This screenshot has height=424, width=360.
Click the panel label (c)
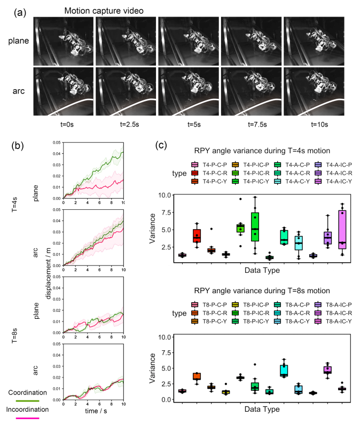click(x=162, y=145)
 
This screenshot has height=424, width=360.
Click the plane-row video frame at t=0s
click(x=64, y=40)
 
